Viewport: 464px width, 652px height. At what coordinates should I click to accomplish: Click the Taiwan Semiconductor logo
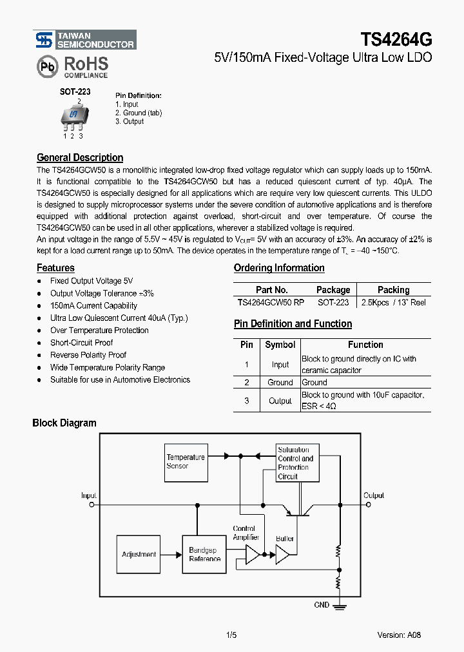coord(84,40)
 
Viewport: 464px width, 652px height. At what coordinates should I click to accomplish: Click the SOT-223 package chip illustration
coord(73,116)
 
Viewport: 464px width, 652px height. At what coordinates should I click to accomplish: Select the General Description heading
coord(80,158)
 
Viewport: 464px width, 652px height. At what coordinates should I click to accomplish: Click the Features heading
coord(55,268)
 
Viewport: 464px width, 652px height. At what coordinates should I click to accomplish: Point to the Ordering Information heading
coord(279,268)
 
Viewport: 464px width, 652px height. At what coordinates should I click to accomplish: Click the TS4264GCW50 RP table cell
coord(272,302)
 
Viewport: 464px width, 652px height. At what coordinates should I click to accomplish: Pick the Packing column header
coord(393,290)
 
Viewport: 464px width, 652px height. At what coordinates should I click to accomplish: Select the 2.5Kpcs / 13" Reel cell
coord(393,302)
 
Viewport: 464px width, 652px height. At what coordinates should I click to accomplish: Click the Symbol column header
coord(280,345)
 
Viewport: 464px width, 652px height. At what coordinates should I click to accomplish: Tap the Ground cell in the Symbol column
coord(280,382)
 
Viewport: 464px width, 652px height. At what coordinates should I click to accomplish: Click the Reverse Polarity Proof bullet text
coord(88,355)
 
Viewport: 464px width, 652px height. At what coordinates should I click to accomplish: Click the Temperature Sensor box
coord(186,461)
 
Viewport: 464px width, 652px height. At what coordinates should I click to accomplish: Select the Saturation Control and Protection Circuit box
coord(295,463)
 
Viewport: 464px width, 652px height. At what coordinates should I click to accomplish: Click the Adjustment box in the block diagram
coord(139,554)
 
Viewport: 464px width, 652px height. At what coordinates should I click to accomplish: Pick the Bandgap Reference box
coord(204,554)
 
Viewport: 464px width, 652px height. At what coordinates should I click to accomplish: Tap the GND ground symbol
coord(338,606)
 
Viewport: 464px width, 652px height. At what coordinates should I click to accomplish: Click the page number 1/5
coord(232,635)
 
